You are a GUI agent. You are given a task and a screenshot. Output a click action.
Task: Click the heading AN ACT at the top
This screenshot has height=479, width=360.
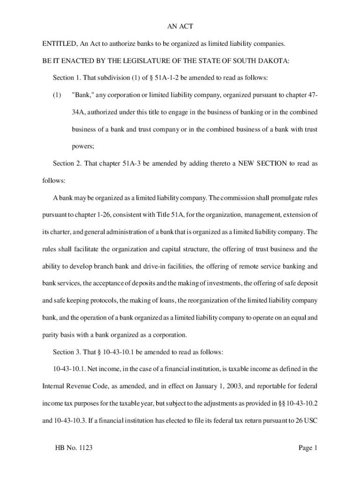(x=180, y=27)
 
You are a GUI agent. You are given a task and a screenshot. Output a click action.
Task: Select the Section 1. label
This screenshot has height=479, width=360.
(x=69, y=78)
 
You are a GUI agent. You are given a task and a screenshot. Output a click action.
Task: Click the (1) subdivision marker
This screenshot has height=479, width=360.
(x=57, y=95)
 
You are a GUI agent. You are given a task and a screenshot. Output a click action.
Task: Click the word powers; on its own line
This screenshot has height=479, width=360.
(x=83, y=146)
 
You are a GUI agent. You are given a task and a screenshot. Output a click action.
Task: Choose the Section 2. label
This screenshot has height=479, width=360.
(x=69, y=163)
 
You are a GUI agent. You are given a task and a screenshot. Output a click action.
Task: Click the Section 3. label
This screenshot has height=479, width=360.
(x=69, y=352)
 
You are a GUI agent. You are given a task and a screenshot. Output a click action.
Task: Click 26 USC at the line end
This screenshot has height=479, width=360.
(x=306, y=420)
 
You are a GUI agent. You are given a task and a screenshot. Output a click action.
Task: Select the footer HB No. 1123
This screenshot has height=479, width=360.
(x=73, y=448)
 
